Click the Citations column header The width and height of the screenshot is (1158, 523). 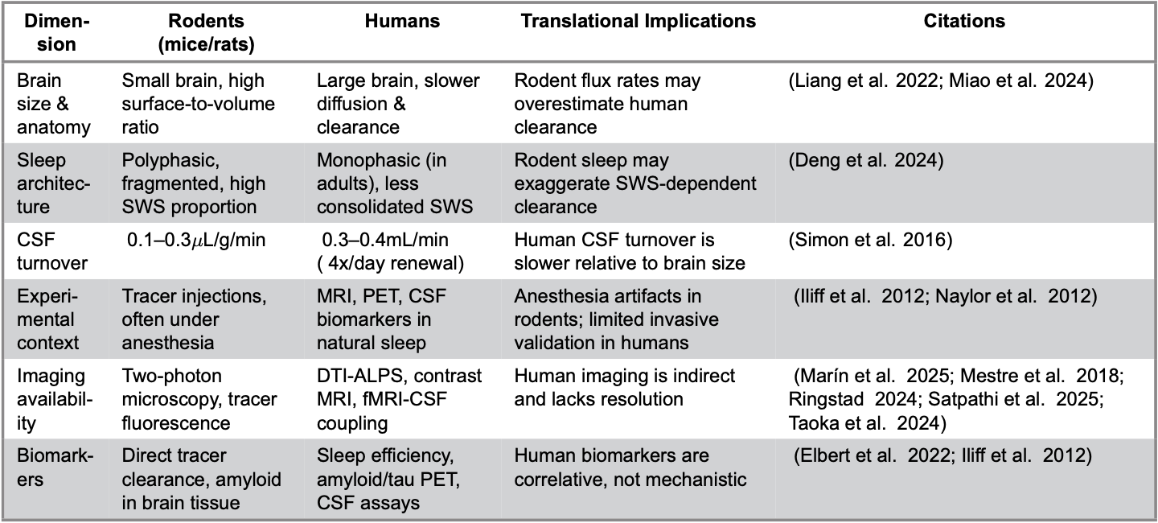pyautogui.click(x=964, y=21)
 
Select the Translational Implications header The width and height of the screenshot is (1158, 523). pyautogui.click(x=638, y=21)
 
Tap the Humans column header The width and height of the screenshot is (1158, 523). pyautogui.click(x=402, y=21)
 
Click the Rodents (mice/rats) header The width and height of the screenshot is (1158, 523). pyautogui.click(x=206, y=33)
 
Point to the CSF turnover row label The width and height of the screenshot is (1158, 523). pyautogui.click(x=52, y=251)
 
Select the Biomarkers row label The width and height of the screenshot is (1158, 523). pyautogui.click(x=55, y=467)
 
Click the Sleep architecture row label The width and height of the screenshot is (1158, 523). pyautogui.click(x=53, y=183)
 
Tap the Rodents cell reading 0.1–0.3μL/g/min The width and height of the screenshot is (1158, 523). pyautogui.click(x=196, y=240)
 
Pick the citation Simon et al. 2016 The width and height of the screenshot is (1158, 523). pyautogui.click(x=870, y=240)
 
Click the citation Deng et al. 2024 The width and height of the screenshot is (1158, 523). pyautogui.click(x=866, y=160)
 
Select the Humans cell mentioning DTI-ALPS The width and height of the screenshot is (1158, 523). pyautogui.click(x=399, y=399)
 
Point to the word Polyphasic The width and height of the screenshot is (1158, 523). pyautogui.click(x=170, y=160)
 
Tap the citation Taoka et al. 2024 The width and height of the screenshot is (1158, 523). pyautogui.click(x=867, y=423)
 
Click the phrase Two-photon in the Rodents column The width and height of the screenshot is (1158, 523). pyautogui.click(x=171, y=376)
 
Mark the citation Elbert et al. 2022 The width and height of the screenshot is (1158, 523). pyautogui.click(x=872, y=455)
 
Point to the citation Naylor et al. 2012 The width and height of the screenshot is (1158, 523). pyautogui.click(x=1016, y=296)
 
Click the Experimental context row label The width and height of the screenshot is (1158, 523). pyautogui.click(x=47, y=319)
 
